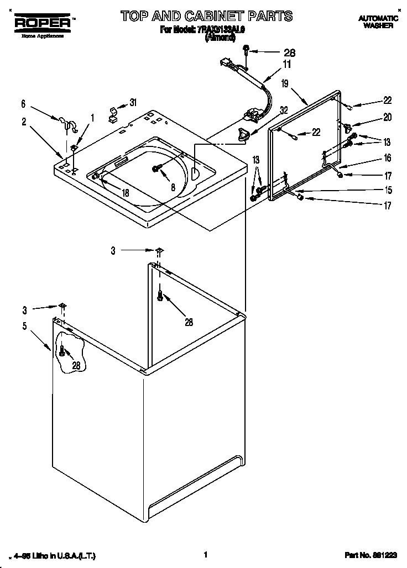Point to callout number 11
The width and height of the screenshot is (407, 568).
pyautogui.click(x=286, y=64)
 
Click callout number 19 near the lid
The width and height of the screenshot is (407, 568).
pyautogui.click(x=284, y=83)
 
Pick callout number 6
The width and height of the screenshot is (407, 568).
pyautogui.click(x=23, y=103)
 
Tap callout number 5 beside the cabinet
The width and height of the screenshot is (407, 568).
pyautogui.click(x=24, y=326)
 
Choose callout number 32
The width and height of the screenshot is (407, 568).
pyautogui.click(x=284, y=110)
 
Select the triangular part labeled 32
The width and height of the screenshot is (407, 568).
pyautogui.click(x=243, y=133)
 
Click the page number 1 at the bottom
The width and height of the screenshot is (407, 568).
pyautogui.click(x=205, y=554)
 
